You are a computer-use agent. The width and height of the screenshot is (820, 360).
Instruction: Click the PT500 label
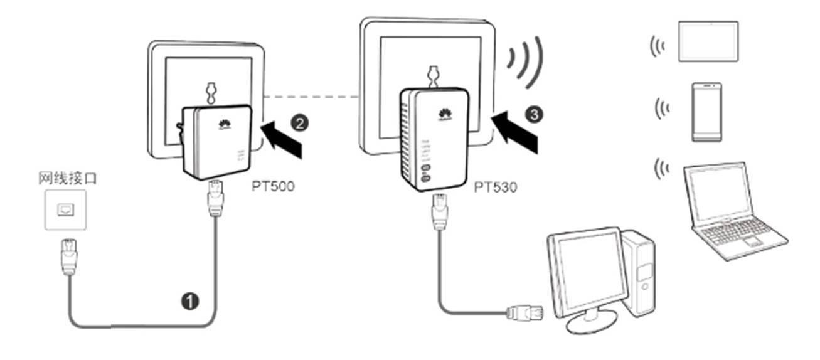pos(273,186)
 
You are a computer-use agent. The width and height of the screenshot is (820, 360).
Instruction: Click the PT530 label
pos(496,187)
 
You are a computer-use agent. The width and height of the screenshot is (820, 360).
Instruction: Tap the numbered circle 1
pos(189,302)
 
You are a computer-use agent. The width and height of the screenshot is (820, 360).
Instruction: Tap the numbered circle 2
pos(301,123)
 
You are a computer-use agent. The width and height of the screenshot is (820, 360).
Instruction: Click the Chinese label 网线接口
pos(67,179)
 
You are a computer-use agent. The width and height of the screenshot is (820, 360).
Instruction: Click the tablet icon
pos(708,41)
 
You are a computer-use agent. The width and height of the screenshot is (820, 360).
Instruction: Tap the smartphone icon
pos(706,111)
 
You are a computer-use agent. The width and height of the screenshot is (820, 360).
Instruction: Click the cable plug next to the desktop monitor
pos(520,311)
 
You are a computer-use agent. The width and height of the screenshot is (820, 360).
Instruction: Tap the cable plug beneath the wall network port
pos(68,256)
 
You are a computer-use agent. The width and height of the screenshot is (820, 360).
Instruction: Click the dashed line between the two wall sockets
pos(311,97)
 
